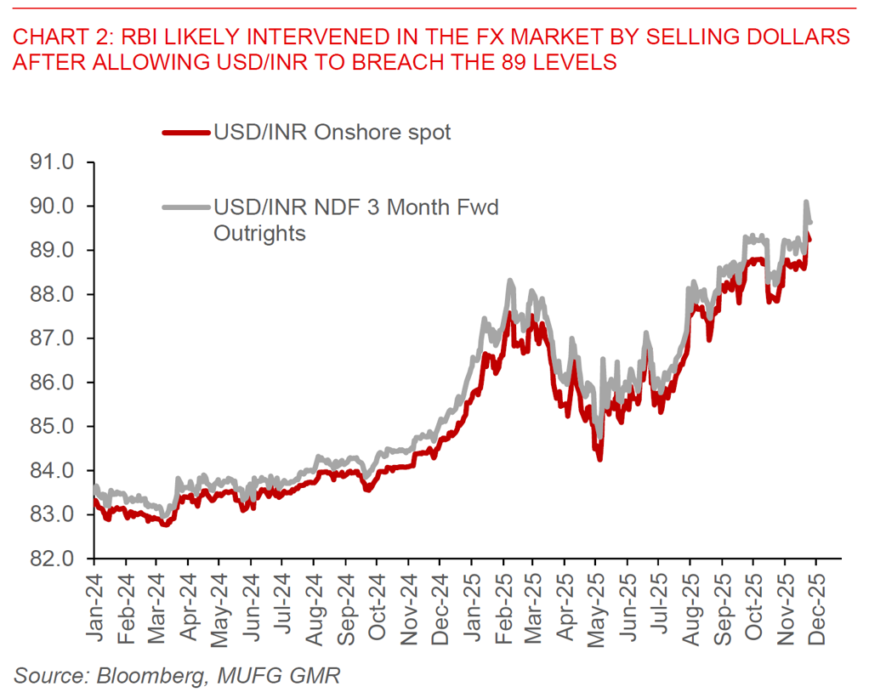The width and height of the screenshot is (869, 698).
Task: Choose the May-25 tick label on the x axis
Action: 595,605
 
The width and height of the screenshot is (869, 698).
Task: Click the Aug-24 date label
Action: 313,605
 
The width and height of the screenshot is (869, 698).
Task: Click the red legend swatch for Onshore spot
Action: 184,133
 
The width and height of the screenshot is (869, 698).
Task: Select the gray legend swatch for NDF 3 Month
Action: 184,207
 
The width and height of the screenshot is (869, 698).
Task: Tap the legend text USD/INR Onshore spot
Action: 332,133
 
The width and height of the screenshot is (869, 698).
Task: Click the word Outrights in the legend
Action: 258,233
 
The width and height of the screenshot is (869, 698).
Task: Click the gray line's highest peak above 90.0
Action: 804,202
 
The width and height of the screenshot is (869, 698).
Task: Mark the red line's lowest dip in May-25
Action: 599,459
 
